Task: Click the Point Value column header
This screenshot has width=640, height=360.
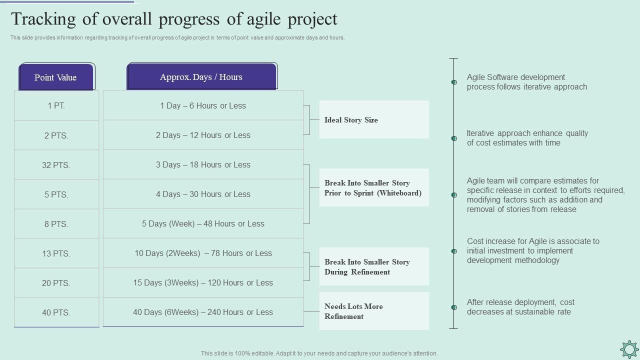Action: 55,77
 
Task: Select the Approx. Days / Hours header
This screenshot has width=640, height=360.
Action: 201,77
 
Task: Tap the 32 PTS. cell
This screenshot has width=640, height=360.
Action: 56,165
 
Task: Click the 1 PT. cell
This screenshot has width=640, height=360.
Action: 56,105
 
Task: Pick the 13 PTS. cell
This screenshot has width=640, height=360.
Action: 56,253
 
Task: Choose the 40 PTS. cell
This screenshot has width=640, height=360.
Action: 56,312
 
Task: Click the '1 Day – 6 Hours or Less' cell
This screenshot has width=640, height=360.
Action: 203,105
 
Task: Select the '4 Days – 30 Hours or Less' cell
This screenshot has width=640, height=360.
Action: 203,194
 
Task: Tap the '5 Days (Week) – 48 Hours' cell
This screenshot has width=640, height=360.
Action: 203,223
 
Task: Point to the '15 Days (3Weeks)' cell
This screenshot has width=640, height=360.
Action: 203,282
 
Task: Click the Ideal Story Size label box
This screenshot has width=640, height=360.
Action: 373,119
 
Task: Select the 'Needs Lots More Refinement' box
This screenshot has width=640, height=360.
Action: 373,311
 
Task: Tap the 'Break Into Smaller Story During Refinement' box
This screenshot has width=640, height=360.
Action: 373,266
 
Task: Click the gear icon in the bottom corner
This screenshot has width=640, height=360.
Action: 628,348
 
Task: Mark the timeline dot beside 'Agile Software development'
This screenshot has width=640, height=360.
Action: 454,82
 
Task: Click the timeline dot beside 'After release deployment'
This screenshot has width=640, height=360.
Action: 454,307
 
